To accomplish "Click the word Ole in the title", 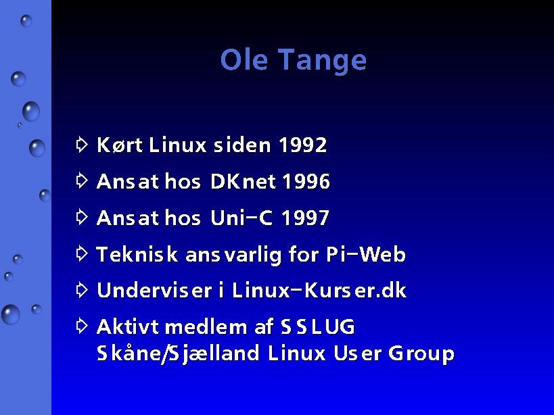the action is click(x=244, y=59).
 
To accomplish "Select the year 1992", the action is click(x=303, y=145).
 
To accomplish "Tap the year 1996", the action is click(x=306, y=181).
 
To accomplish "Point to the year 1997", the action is click(x=305, y=218).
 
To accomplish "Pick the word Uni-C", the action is click(x=241, y=218).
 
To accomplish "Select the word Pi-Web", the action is click(x=366, y=254).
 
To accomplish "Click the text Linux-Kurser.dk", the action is click(x=319, y=291).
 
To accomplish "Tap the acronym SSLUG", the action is click(x=318, y=326).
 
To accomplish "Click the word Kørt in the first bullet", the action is click(x=120, y=145).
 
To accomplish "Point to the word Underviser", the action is click(x=154, y=291).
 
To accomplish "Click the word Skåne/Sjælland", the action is click(x=178, y=353).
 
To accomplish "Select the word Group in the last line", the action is click(x=421, y=354).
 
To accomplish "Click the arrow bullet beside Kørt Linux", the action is click(x=82, y=144).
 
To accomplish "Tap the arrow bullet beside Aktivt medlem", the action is click(x=82, y=326).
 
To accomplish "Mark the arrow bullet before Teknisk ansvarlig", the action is click(x=82, y=253).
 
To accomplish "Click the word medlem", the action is click(x=206, y=326).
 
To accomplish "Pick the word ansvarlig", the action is click(x=233, y=255).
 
